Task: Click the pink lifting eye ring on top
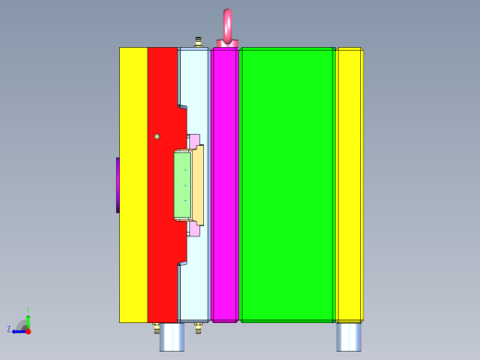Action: click(x=227, y=26)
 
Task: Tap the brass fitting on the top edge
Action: click(x=198, y=42)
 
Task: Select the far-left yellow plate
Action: click(x=133, y=185)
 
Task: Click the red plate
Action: click(x=162, y=231)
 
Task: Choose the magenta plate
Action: click(x=224, y=185)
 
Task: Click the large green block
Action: click(x=287, y=185)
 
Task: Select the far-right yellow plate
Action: click(x=349, y=185)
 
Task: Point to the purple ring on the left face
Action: click(x=117, y=185)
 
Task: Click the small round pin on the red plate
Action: click(x=157, y=137)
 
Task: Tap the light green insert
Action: click(x=182, y=186)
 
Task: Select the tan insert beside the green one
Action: click(x=198, y=185)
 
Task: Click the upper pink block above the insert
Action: click(x=194, y=140)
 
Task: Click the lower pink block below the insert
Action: click(x=194, y=230)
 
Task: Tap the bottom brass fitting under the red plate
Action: click(x=157, y=327)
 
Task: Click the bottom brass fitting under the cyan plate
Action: click(x=198, y=327)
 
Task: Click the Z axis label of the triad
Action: click(x=9, y=330)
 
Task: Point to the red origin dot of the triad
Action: click(x=28, y=330)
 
